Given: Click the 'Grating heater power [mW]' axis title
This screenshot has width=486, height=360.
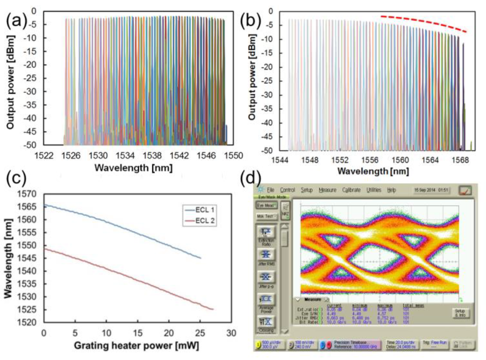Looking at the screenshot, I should click(136, 346).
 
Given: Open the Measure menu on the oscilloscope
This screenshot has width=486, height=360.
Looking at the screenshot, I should click(327, 190).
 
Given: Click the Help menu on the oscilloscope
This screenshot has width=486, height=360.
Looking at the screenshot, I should click(392, 190).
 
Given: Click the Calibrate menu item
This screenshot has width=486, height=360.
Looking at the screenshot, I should click(351, 190).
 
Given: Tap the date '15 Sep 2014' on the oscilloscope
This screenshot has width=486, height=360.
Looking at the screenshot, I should click(424, 190).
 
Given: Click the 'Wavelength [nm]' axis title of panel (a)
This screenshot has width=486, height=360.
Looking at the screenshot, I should click(133, 167).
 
